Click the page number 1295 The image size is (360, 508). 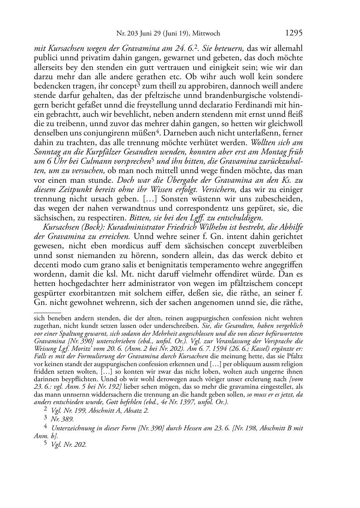pos(294,33)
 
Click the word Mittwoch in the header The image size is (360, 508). pos(206,34)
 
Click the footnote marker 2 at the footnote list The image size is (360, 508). pos(45,410)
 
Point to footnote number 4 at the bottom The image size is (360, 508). pos(45,427)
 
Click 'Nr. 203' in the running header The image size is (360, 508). pos(127,34)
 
